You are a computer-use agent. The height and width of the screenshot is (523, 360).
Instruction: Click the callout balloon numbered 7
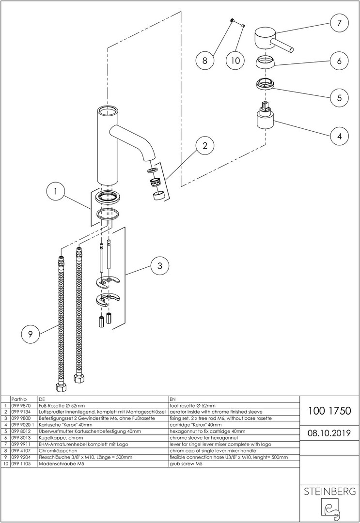click(x=339, y=23)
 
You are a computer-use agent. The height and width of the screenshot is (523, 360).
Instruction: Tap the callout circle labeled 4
click(x=339, y=137)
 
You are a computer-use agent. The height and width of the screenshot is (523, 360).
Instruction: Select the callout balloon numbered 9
click(x=31, y=333)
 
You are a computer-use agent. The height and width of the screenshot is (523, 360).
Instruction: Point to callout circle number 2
click(x=205, y=145)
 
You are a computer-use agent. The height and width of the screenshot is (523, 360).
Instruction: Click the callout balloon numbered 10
click(x=235, y=61)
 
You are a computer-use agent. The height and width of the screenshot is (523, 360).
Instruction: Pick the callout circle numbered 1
click(x=56, y=192)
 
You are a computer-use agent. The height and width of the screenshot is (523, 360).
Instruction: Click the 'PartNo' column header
click(x=18, y=399)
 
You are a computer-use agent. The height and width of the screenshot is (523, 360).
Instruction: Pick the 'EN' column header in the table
click(x=172, y=399)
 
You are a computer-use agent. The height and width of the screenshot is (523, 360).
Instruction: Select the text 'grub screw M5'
click(x=186, y=464)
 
